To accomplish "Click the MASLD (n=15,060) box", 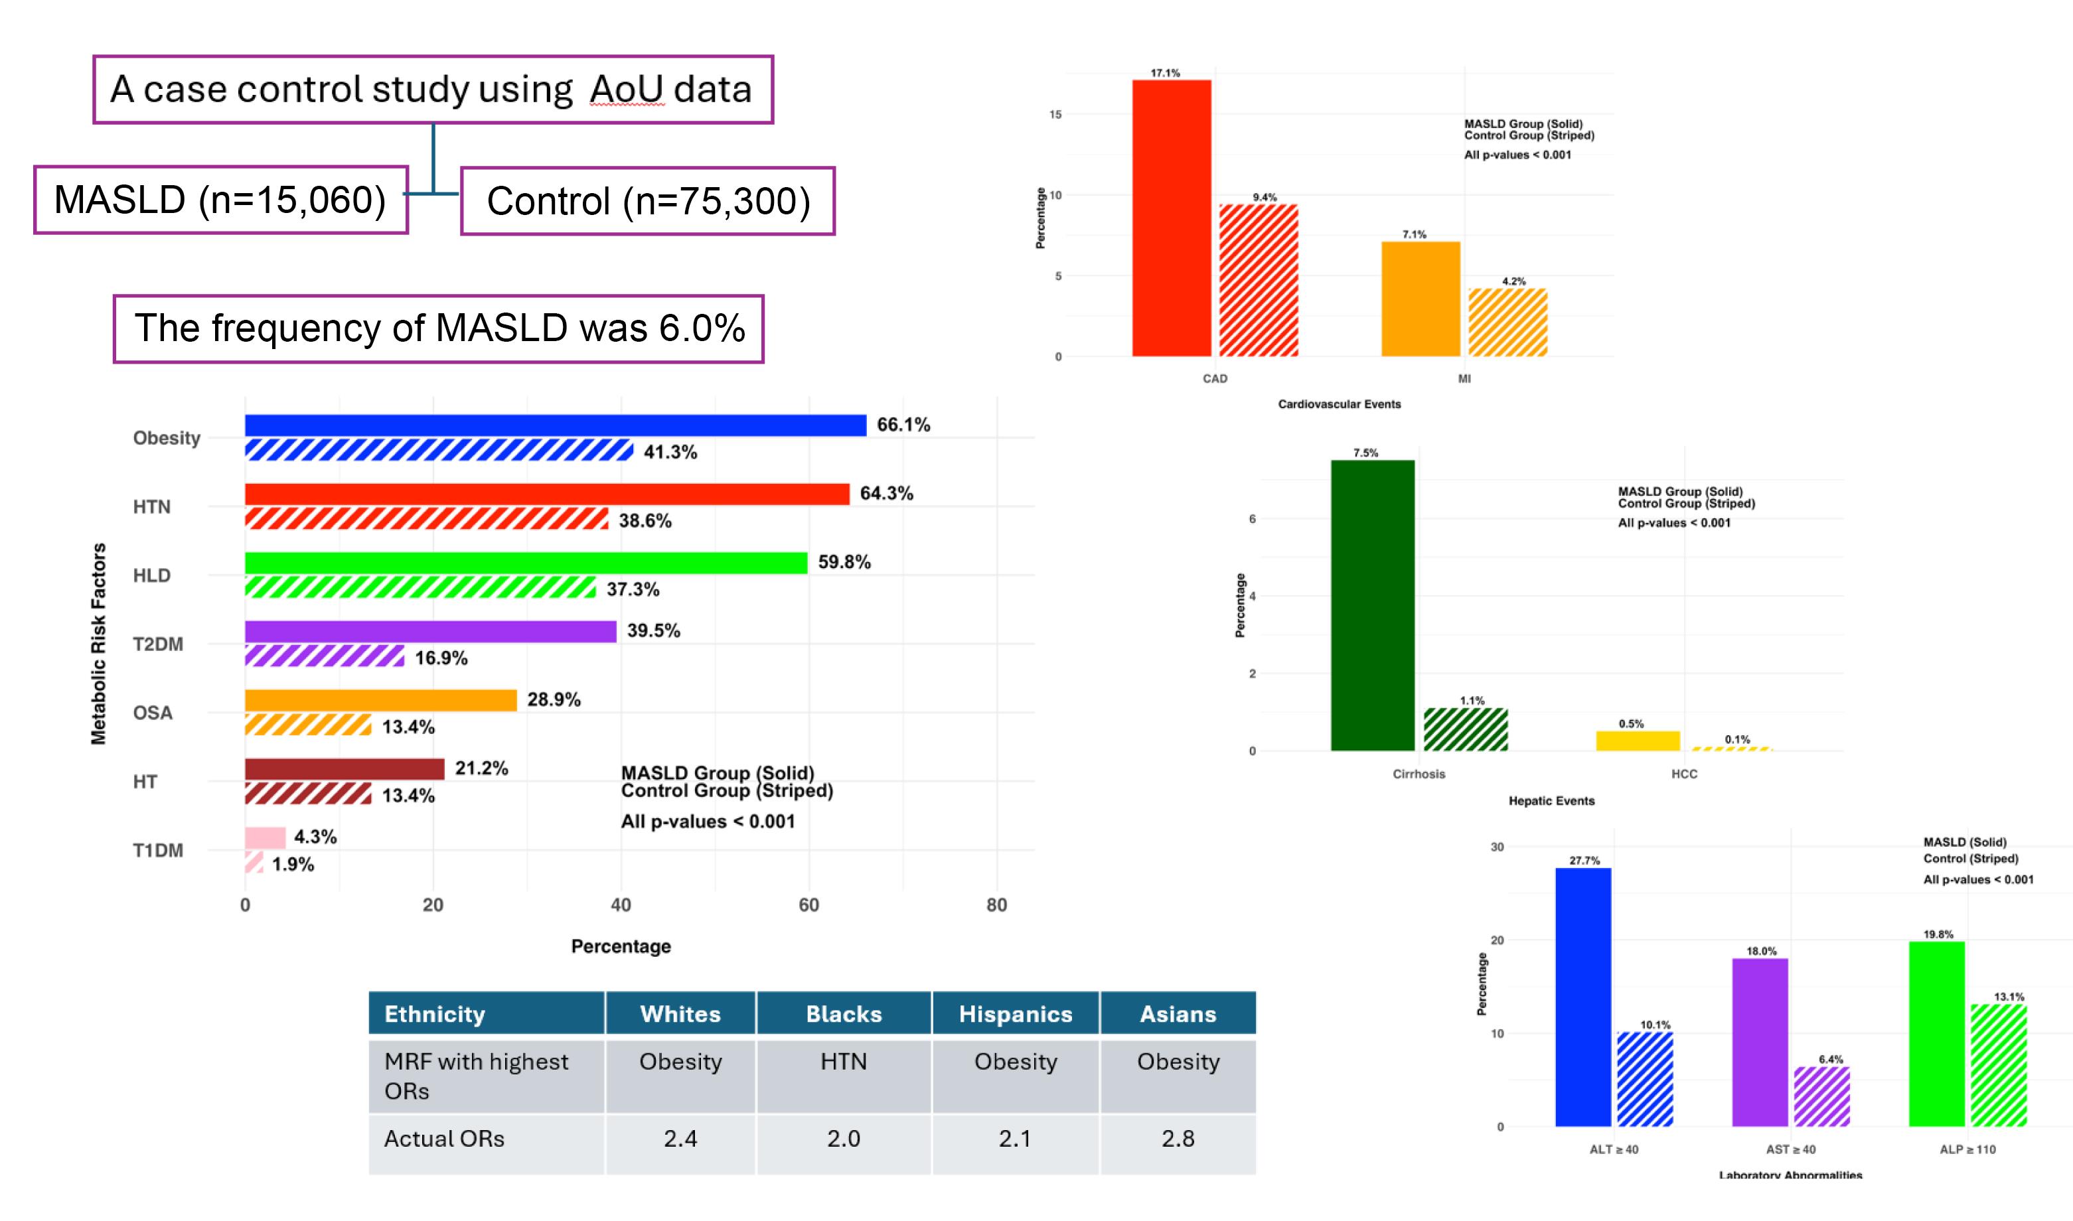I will (220, 200).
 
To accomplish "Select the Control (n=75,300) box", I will (648, 202).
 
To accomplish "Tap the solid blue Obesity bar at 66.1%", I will (555, 425).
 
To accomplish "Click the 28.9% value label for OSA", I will (554, 699).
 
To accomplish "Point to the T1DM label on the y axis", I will (158, 850).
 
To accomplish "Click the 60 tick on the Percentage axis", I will (808, 905).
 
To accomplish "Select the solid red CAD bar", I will (1171, 218).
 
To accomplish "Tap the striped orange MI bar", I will (1507, 323).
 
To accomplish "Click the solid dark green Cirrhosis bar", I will (1372, 606).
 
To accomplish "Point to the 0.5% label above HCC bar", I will (1630, 724).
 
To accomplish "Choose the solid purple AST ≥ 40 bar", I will (1760, 1042).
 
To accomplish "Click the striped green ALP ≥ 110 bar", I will (1998, 1066).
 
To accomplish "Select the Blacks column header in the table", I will (844, 1014).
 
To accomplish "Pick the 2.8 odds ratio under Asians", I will (1178, 1139).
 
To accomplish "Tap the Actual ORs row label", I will (444, 1139).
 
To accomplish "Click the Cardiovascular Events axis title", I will (1339, 404).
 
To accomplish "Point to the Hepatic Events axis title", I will (1551, 800).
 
